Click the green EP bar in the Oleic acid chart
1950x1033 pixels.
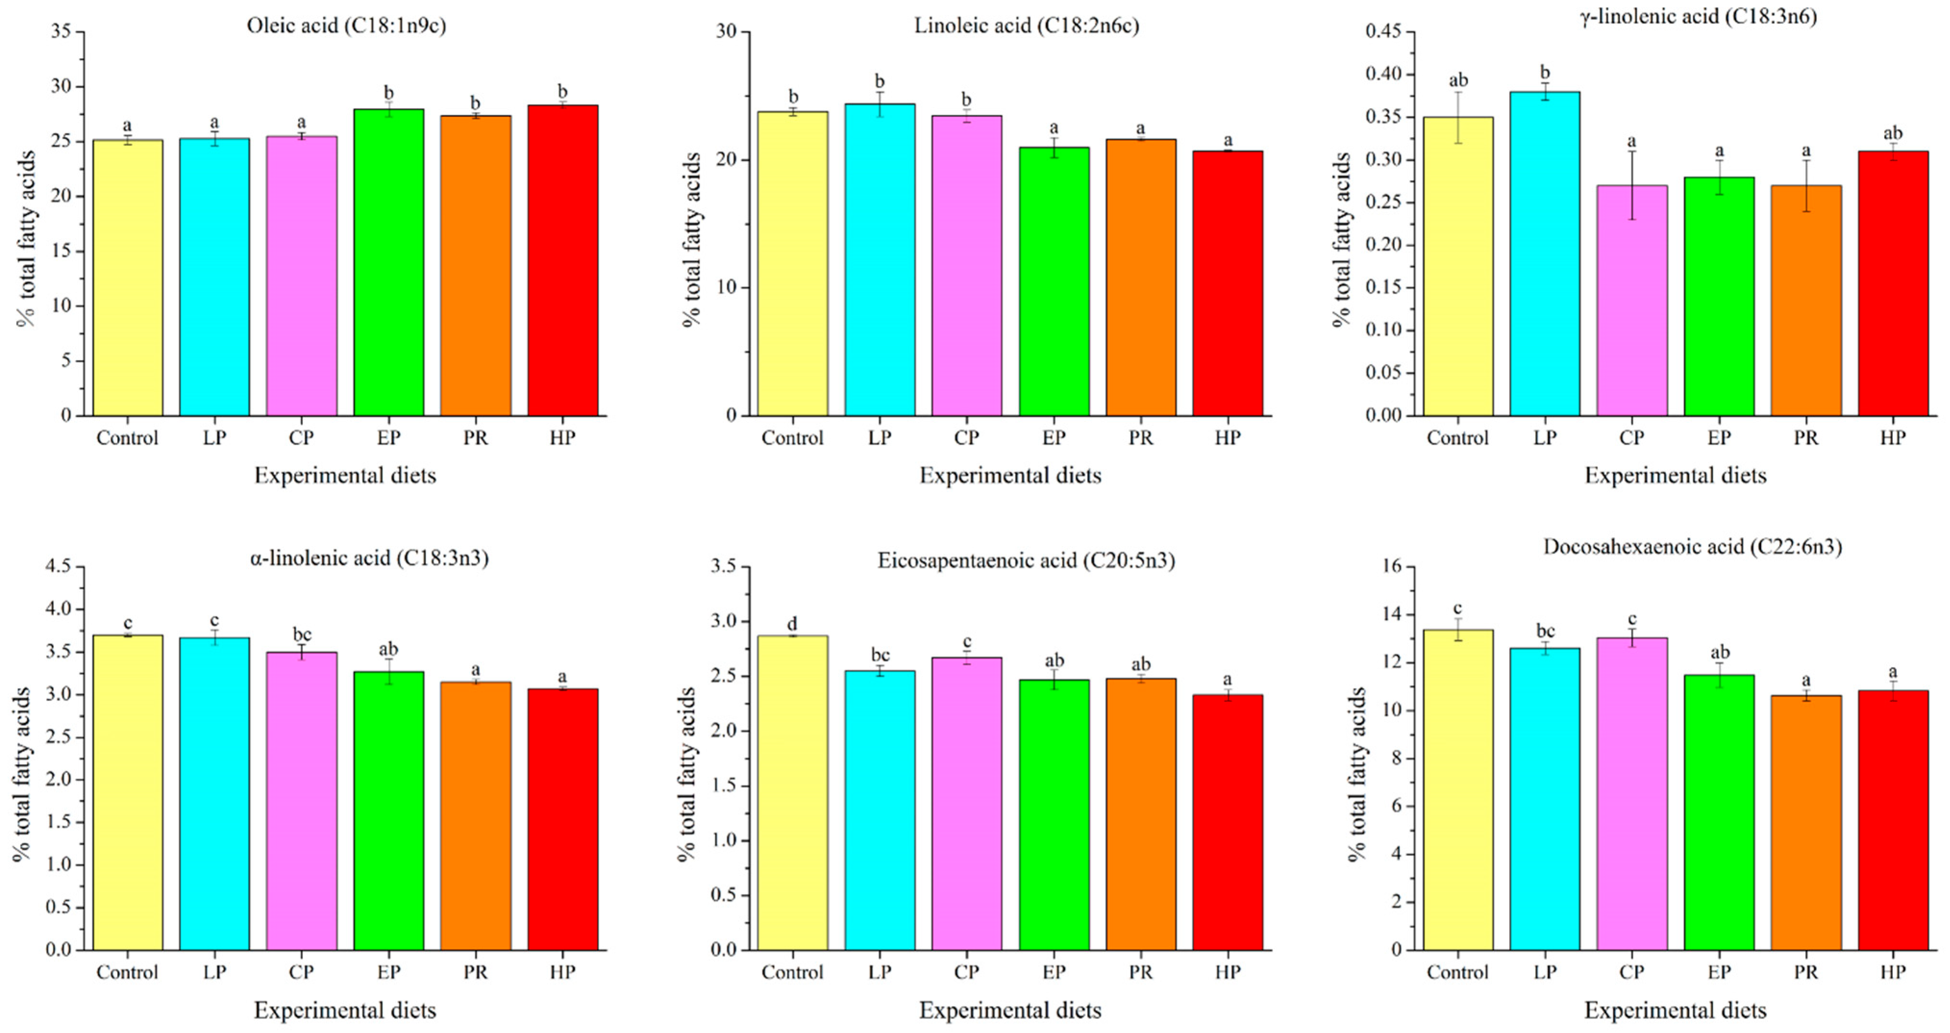(x=388, y=265)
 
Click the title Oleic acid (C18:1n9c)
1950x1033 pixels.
(x=346, y=26)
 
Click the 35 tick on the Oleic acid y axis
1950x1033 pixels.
(x=62, y=32)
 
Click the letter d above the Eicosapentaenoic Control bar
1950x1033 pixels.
(x=792, y=624)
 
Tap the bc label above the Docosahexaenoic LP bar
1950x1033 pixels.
(x=1544, y=631)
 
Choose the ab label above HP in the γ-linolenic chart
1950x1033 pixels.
(x=1892, y=133)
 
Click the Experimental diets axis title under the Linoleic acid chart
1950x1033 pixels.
(x=1010, y=476)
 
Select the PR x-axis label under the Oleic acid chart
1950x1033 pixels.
(x=475, y=438)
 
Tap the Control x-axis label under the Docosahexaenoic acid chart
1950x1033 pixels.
(x=1457, y=971)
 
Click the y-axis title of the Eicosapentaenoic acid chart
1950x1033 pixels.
(x=687, y=774)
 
